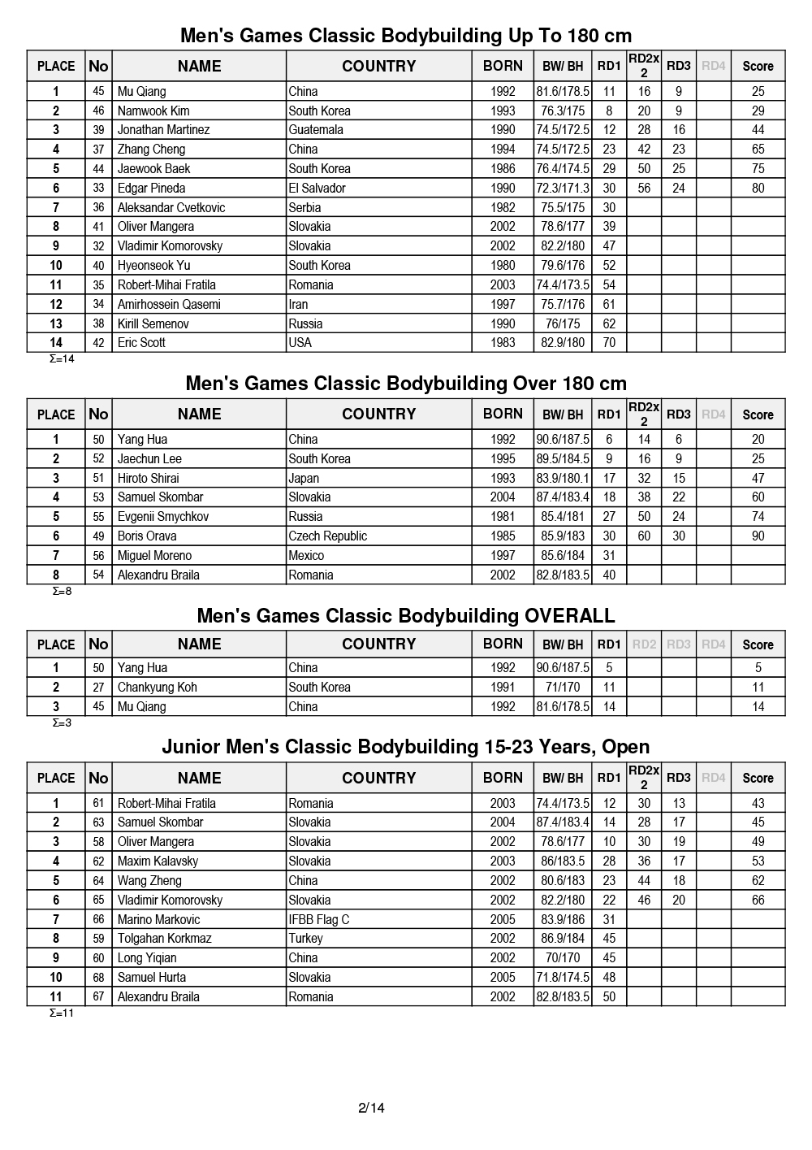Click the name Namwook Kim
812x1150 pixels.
[153, 111]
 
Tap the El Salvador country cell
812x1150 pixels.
[317, 188]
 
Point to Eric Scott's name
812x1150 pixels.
[141, 343]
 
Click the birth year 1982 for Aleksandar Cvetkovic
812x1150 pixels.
[503, 207]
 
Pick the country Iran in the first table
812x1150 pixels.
[299, 304]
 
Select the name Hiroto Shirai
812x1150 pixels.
[149, 478]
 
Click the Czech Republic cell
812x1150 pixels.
[328, 536]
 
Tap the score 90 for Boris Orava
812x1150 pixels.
[758, 536]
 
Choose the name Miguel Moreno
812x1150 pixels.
[155, 556]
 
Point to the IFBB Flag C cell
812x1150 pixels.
[319, 919]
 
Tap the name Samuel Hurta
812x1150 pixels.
[152, 977]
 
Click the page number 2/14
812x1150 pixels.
[371, 1108]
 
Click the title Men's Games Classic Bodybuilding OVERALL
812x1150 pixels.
[406, 616]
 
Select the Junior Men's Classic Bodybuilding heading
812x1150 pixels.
[406, 747]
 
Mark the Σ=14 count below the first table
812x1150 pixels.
[63, 359]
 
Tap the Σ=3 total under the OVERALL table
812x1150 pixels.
[63, 723]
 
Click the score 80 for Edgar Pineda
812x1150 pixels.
[758, 188]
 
